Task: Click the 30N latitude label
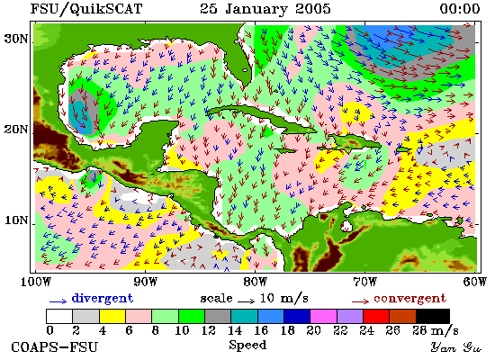pos(16,39)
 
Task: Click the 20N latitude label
pos(16,130)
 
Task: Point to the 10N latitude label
pos(16,220)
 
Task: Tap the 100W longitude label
pos(35,282)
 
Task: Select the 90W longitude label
pos(145,282)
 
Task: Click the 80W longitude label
pos(255,282)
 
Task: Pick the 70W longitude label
pos(364,282)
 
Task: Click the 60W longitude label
pos(475,282)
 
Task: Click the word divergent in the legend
pos(103,299)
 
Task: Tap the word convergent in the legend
pos(409,299)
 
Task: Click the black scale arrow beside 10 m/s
pos(246,301)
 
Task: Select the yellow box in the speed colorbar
pos(112,316)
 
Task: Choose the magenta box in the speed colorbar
pos(323,316)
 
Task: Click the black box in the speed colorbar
pos(433,316)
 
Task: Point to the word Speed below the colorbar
pos(247,345)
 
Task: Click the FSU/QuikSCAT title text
pos(86,8)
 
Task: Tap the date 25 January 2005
pos(265,9)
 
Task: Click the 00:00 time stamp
pos(460,8)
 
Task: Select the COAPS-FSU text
pos(55,347)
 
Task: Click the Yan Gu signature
pos(456,347)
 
